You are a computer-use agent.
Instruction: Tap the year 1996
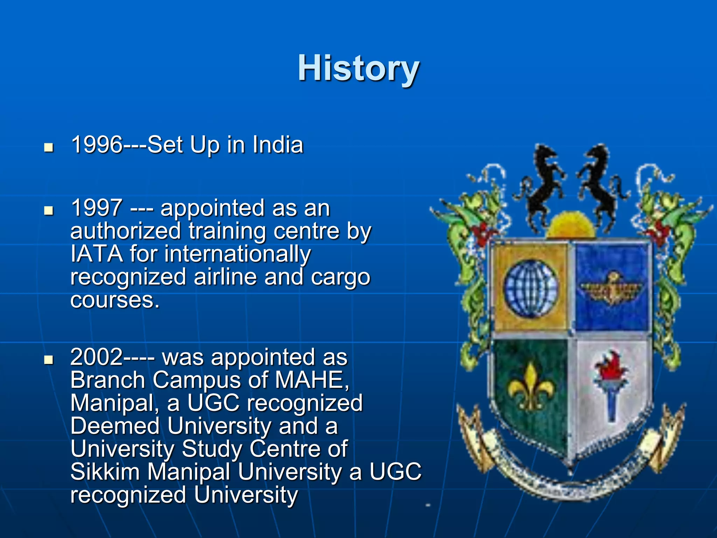(x=97, y=145)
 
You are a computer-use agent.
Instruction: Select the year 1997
(x=97, y=208)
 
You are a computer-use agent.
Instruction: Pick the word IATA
(x=97, y=254)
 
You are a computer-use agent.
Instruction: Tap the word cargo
(x=340, y=278)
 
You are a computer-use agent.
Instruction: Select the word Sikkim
(x=105, y=472)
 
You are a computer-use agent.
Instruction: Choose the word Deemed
(x=115, y=426)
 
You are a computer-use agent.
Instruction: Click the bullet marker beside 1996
(x=49, y=147)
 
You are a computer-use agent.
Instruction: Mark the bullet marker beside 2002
(x=49, y=360)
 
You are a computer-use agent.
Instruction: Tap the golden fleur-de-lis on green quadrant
(x=531, y=387)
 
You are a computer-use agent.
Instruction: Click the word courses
(x=115, y=301)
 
